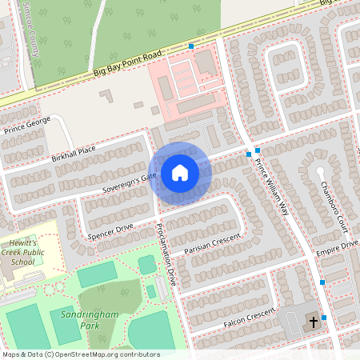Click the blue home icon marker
pos(180,173)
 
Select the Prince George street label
pos(27,124)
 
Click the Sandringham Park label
pos(89,321)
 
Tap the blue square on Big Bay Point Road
pos(191,46)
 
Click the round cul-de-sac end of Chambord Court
pos(320,170)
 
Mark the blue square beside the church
pos(324,318)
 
